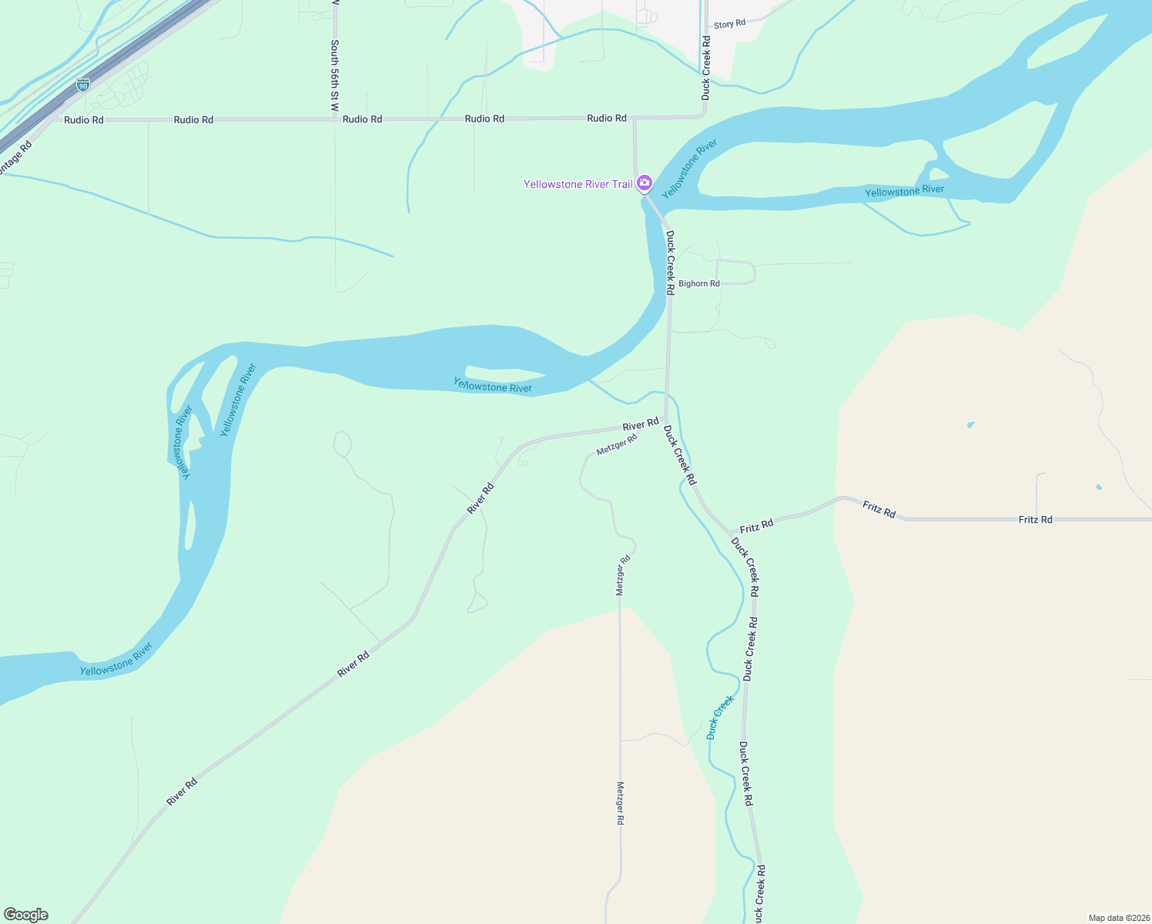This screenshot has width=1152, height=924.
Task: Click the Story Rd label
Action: point(729,24)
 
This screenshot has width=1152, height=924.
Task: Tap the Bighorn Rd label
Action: point(699,283)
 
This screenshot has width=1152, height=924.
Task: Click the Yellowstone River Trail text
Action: point(578,184)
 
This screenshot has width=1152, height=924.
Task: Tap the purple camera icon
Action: point(645,183)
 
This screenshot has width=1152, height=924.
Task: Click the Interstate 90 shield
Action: point(83,85)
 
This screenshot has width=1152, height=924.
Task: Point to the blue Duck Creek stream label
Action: point(721,717)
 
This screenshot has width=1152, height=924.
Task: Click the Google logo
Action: point(25,915)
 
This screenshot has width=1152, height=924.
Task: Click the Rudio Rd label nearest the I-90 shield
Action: point(84,120)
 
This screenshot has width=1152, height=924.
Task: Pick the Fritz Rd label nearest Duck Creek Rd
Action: point(756,526)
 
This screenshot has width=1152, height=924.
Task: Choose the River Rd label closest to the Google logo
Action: point(182,792)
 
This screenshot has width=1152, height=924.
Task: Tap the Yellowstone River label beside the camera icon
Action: point(690,169)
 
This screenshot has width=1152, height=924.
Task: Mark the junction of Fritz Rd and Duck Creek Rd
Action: point(731,534)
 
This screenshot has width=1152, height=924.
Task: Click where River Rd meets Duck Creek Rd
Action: point(665,420)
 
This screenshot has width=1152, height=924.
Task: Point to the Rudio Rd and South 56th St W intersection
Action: point(335,119)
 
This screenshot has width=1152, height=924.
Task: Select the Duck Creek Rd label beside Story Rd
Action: point(706,68)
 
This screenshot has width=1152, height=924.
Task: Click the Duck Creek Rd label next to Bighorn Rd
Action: point(670,263)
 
